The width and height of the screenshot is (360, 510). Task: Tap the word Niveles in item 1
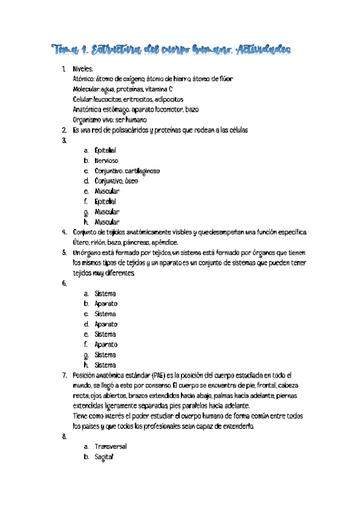[83, 70]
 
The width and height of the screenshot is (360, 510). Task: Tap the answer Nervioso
[106, 161]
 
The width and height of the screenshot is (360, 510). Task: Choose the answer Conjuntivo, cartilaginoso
[127, 171]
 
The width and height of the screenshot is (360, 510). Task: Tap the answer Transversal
[111, 446]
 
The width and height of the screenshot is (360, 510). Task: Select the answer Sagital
[104, 456]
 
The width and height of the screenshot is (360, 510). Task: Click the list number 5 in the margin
[64, 253]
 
